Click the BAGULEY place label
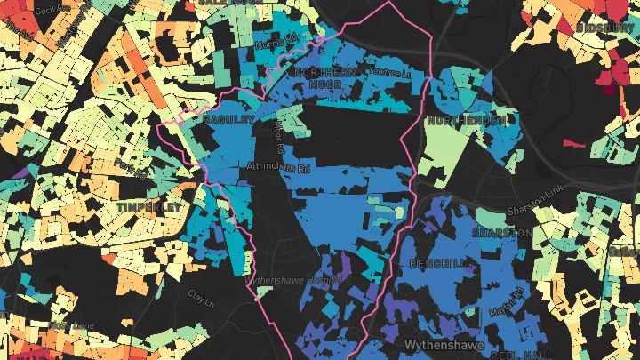(x=229, y=118)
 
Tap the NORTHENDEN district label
(x=467, y=119)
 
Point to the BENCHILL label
(x=438, y=264)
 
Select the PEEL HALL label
(x=511, y=354)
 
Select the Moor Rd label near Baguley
(x=284, y=129)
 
